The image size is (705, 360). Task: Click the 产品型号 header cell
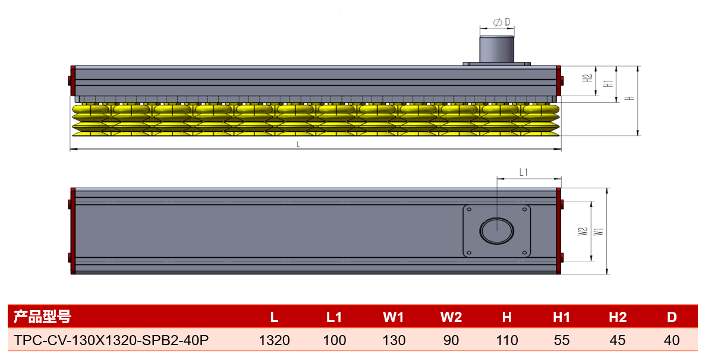42,317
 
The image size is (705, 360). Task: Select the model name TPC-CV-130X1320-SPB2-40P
111,340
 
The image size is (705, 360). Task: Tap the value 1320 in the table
274,340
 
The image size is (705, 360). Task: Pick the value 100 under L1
335,340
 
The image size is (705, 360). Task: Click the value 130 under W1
394,340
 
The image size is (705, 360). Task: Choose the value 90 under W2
451,340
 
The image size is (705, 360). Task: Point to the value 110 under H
507,340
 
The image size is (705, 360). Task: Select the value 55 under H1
562,340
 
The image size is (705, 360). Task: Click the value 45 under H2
618,340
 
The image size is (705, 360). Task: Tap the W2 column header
451,317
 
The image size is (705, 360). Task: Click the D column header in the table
672,317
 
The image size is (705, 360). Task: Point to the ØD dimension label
501,22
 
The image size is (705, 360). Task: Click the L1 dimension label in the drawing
523,172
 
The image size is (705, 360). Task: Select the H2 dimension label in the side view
588,78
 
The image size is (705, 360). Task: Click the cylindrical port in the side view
497,49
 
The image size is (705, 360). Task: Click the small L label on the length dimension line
298,144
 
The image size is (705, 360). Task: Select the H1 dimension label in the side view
608,83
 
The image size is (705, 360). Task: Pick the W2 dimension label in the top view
583,232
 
